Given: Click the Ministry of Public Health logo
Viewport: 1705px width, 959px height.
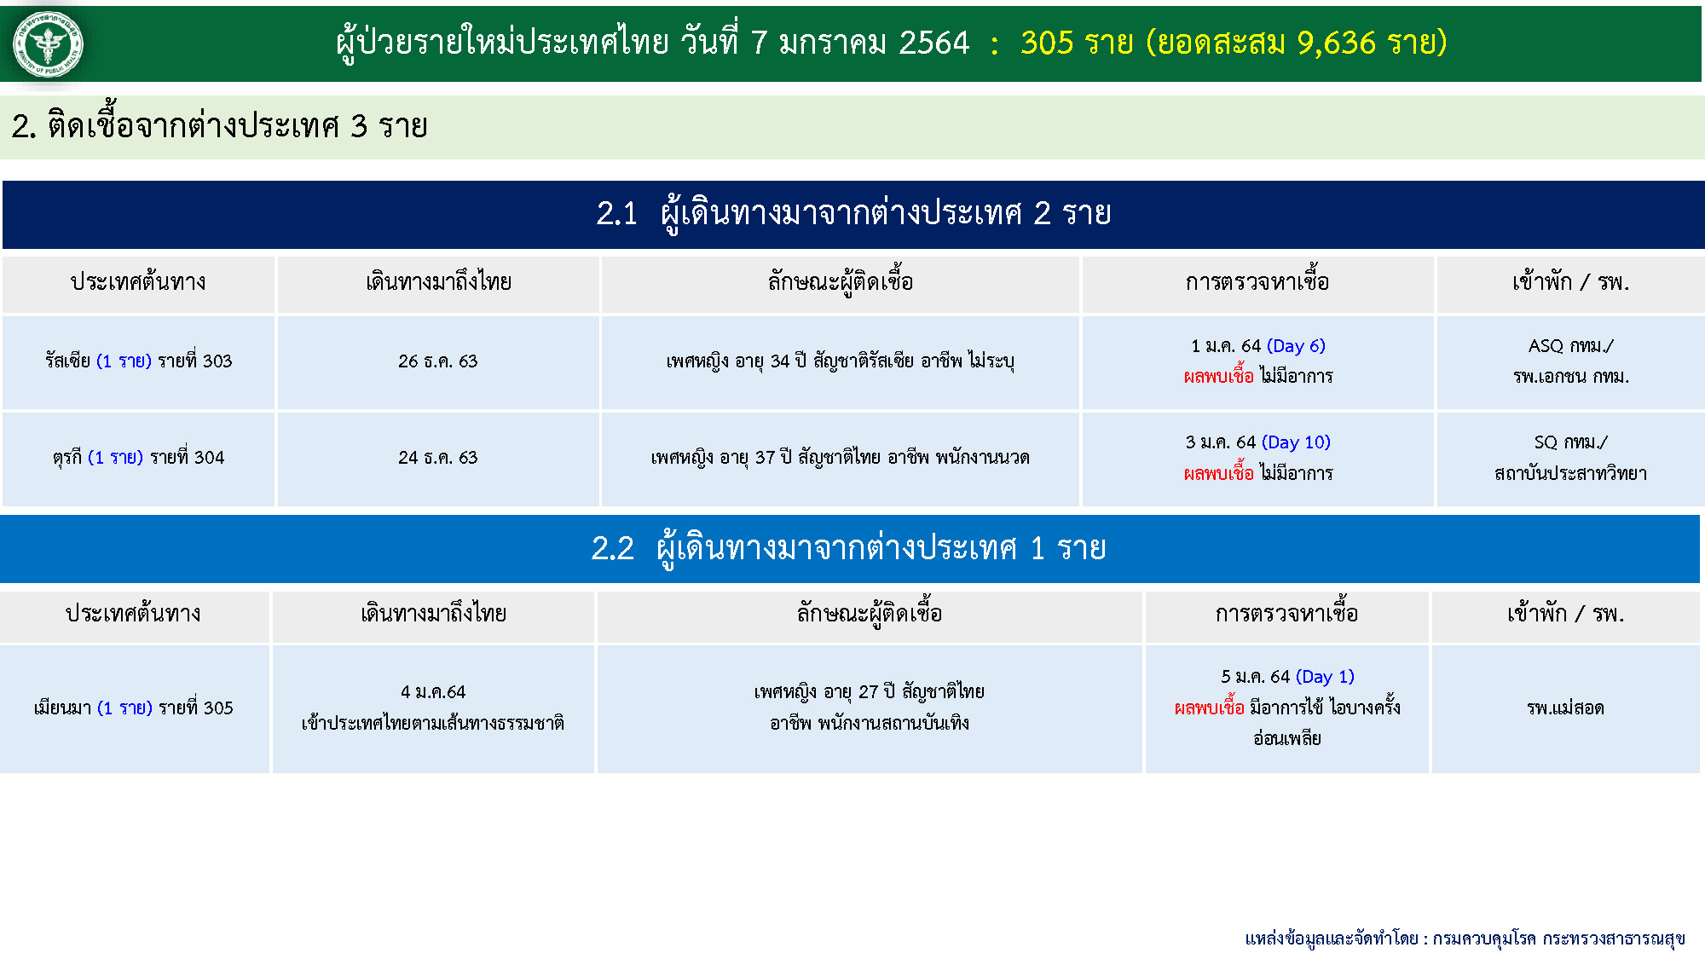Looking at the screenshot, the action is (48, 44).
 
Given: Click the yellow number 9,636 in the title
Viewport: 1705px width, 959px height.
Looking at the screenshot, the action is (1336, 43).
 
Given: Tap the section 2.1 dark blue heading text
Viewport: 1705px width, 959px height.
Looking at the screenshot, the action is (853, 213).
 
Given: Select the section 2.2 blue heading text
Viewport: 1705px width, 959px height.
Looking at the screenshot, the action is (848, 548).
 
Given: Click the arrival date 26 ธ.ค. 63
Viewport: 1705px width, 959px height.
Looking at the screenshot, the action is (437, 361).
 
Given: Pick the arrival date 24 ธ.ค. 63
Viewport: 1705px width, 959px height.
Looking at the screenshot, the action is (437, 458).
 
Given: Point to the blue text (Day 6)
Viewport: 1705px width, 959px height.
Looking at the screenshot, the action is (1296, 346).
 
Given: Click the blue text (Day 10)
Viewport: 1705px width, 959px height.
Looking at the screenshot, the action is (1296, 442).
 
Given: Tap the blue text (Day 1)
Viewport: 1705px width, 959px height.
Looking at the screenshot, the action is (1325, 677).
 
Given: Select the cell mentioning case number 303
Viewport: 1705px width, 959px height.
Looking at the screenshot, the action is (138, 361).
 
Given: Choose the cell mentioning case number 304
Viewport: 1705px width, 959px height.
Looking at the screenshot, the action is (138, 458).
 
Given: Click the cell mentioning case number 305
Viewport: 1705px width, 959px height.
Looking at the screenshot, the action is (134, 708).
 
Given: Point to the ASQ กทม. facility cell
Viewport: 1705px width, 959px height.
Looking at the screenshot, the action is (1570, 361).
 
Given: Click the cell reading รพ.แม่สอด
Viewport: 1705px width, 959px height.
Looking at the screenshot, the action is (1565, 708).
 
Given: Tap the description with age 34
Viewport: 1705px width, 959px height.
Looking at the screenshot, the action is (841, 361).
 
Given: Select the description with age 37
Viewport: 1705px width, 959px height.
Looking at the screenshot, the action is (841, 458).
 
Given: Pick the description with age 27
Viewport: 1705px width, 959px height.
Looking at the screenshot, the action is (870, 708).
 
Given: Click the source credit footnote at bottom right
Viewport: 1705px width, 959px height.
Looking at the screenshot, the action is (1465, 939).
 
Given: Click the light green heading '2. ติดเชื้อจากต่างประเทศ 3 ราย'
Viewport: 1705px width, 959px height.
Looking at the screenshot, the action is (220, 126).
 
